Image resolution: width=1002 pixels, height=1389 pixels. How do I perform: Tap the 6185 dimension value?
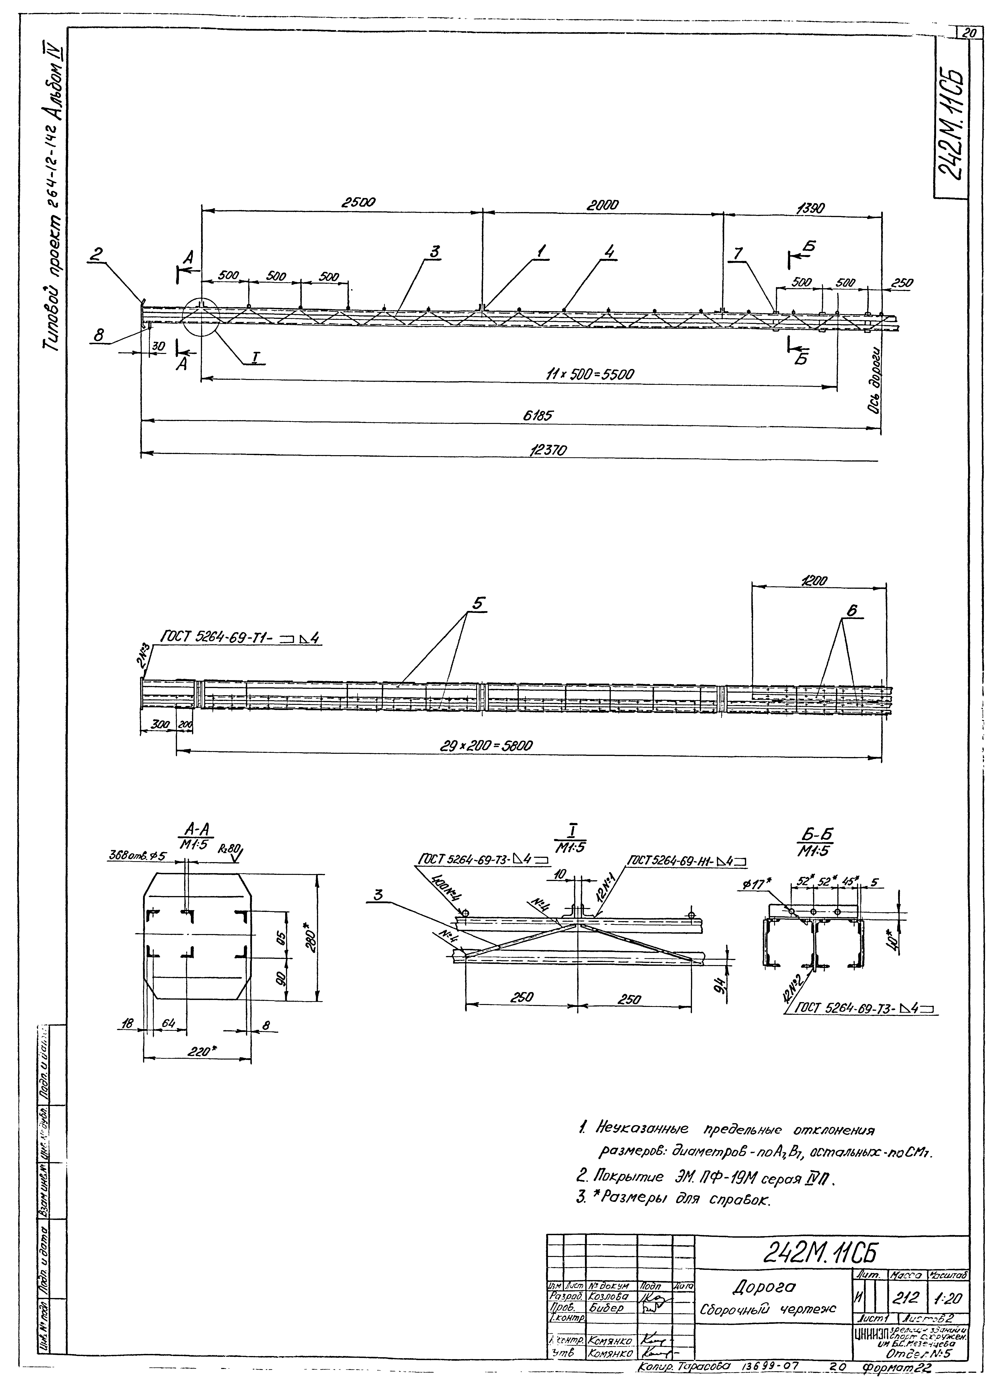[x=537, y=416]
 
